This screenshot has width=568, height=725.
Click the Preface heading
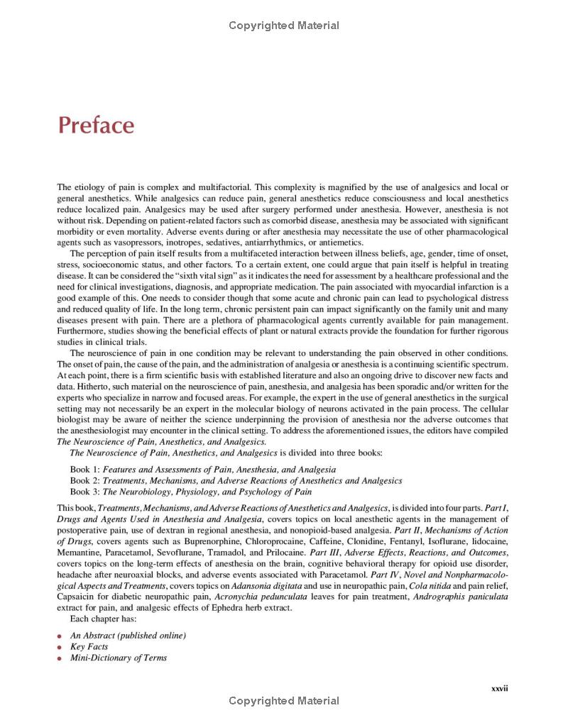[x=96, y=126]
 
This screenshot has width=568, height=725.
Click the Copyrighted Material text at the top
[x=284, y=26]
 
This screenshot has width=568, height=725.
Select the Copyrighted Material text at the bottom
[x=284, y=701]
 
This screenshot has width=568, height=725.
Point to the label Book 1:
[x=84, y=470]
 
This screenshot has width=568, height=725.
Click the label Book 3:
[x=84, y=492]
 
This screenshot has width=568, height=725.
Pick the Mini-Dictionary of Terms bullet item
[x=119, y=658]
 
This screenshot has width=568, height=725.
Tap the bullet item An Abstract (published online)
[x=128, y=635]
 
